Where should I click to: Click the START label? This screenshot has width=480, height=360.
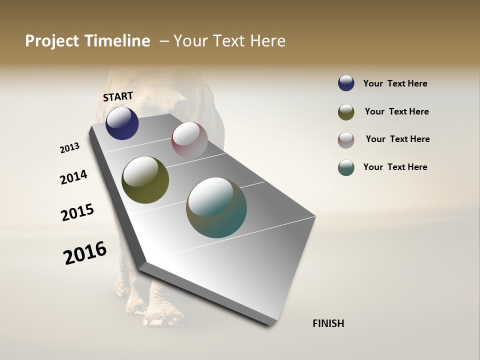point(118,96)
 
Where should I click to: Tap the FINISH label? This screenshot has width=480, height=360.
point(328,323)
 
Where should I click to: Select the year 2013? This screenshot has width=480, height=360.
point(70,148)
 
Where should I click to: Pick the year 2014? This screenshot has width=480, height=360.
point(74,177)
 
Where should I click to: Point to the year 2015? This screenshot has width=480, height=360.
point(77,212)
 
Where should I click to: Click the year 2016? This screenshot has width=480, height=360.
point(85,252)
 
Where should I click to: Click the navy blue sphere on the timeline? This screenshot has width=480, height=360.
point(122,123)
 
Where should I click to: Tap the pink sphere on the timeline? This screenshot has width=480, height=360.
point(189,140)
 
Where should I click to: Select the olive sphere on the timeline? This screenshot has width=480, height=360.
point(145,180)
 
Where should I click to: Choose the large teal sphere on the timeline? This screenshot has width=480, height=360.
point(216,207)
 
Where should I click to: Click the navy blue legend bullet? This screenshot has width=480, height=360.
point(346,83)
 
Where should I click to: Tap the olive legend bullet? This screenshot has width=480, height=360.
point(346,112)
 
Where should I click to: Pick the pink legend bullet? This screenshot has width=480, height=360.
point(346,140)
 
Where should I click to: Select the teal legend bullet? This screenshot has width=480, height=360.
point(346,167)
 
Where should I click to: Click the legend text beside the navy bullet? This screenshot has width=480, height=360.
point(395,83)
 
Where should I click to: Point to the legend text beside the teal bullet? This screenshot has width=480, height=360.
point(395,167)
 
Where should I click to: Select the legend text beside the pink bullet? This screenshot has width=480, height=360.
point(397,139)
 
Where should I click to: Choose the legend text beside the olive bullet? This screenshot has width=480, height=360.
point(396,111)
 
